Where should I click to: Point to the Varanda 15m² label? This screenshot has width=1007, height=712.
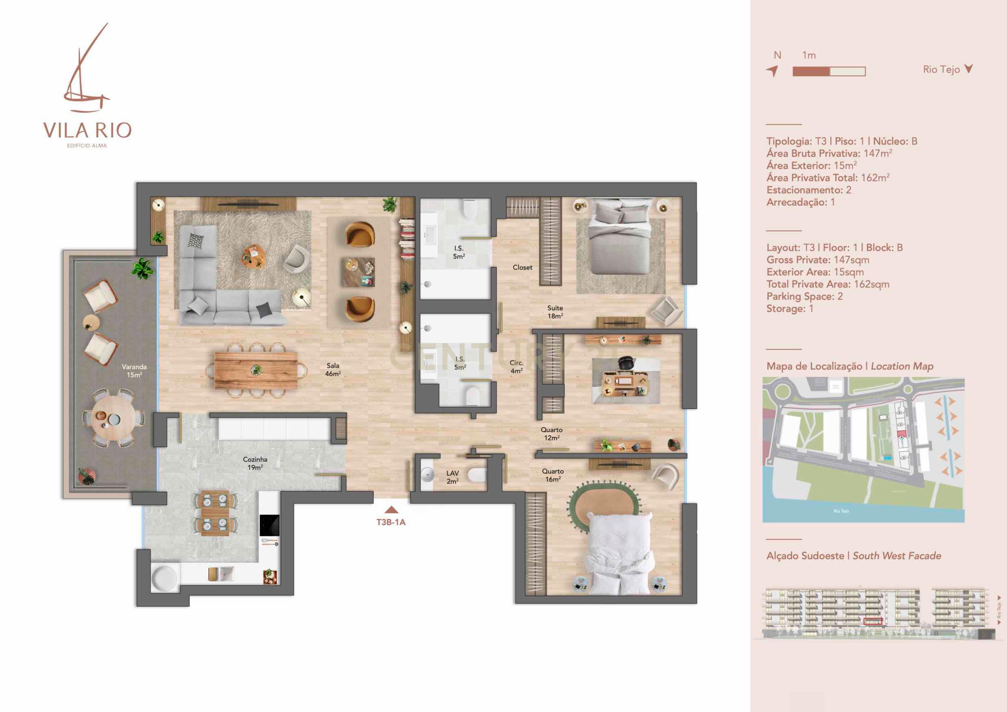click(134, 371)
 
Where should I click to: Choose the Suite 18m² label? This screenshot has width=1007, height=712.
click(555, 312)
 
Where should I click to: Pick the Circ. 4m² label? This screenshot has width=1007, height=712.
click(516, 366)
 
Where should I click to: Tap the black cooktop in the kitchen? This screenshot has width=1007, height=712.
click(269, 525)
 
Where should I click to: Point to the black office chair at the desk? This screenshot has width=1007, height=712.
click(626, 363)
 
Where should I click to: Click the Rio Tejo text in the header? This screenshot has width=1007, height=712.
click(941, 69)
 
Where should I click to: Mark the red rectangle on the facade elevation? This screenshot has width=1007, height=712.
click(872, 621)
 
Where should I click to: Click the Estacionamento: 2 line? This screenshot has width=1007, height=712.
click(809, 190)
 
